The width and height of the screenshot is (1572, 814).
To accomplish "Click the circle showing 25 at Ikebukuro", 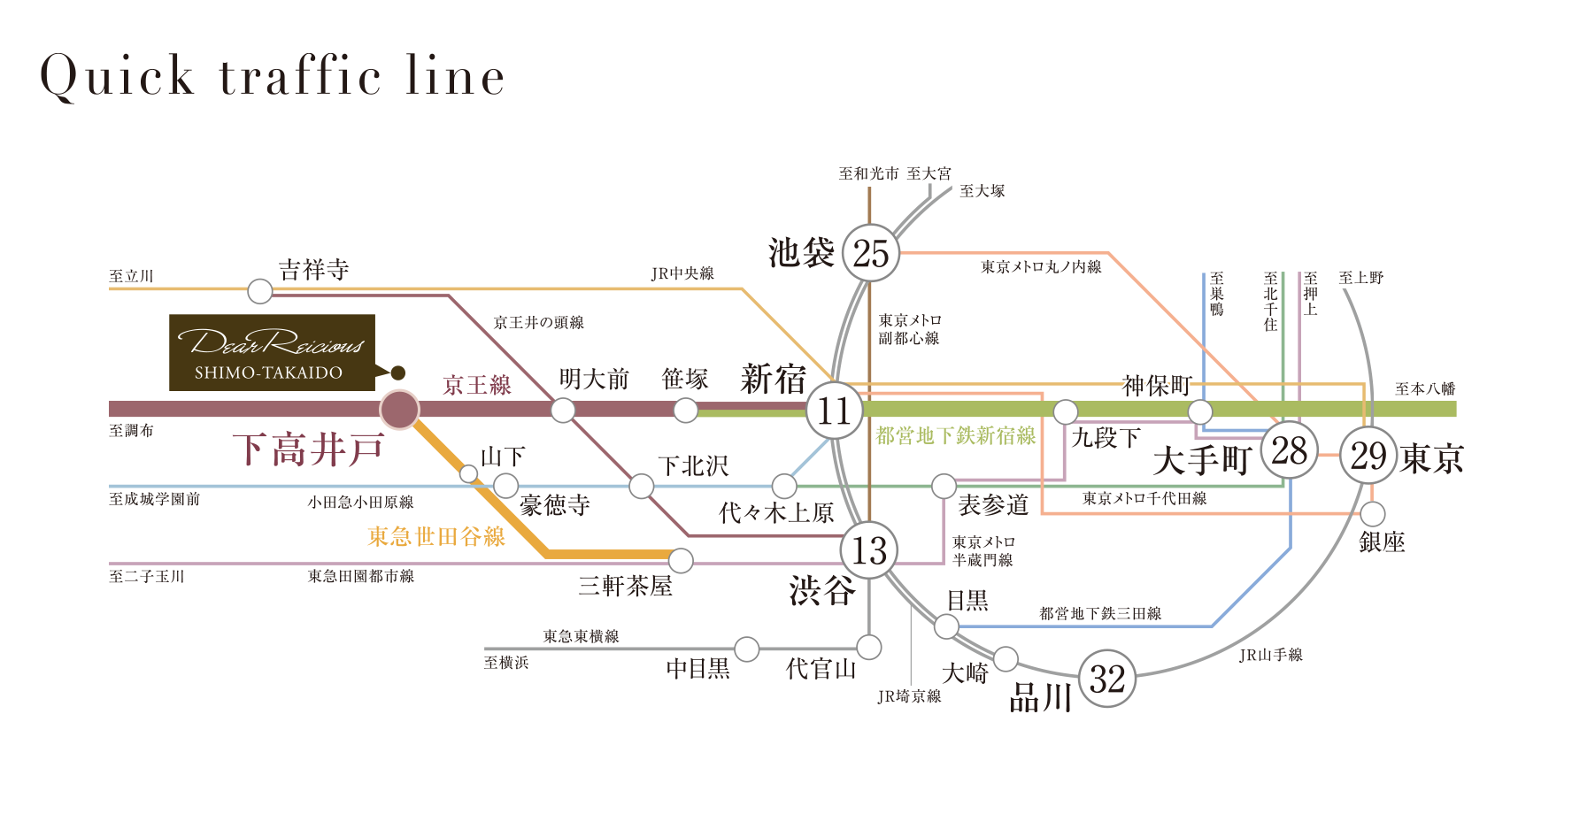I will pos(871,253).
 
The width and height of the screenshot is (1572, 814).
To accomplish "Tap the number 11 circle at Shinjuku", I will pos(834,411).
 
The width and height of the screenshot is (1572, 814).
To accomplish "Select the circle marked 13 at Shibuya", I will pos(869,550).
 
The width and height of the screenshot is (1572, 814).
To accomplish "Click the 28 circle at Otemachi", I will pos(1289,451).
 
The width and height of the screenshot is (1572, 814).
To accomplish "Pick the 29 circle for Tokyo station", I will pos(1368,456).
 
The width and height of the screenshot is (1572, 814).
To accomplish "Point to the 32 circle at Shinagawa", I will pos(1107,679).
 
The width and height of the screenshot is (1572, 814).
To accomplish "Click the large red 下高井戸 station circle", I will pos(399,410).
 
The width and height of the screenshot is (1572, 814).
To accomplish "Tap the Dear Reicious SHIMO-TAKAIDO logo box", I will pos(272,352).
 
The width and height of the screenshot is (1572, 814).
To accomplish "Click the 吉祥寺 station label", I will pos(313,270).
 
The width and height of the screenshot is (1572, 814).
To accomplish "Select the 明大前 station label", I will pos(593,380).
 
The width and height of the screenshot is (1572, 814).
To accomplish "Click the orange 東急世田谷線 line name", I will pos(436,536).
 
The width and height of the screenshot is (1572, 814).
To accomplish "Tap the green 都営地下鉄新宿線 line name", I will pos(955,435).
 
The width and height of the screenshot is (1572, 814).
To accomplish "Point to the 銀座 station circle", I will pos(1372,513).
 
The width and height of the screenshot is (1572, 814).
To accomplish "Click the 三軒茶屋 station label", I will pos(625,586).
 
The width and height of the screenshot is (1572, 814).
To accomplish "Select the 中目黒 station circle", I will pos(746,649).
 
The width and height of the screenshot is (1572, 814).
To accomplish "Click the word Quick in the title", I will pos(117,76).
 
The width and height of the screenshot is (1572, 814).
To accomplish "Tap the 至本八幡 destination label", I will pos(1424,388).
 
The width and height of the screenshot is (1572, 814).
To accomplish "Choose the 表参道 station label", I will pos(993,505).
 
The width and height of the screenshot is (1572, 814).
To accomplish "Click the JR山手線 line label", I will pos(1270,655).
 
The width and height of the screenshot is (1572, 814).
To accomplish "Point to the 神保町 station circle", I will pos(1199,411).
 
